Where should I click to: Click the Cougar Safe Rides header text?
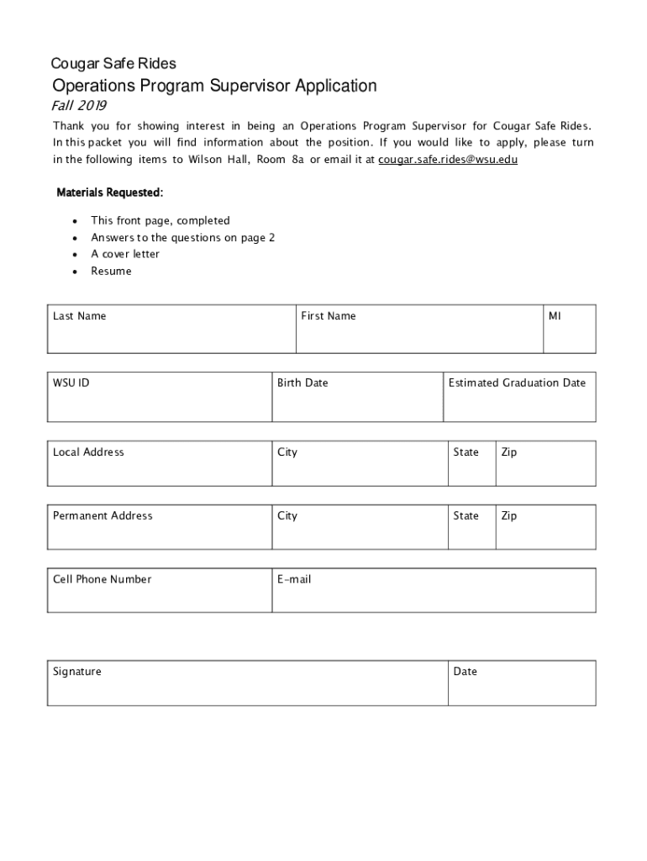[113, 63]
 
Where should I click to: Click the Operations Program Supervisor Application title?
[214, 86]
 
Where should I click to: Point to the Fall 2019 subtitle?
[79, 106]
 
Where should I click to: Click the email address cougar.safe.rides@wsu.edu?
[448, 159]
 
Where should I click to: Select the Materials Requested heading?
[109, 193]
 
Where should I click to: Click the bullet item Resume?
[111, 272]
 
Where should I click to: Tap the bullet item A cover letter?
[125, 254]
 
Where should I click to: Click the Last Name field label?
[79, 316]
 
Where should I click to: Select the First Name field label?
[329, 316]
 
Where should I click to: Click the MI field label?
[555, 316]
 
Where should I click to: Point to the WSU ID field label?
[71, 383]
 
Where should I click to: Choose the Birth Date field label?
[302, 383]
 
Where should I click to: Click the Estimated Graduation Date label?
[517, 383]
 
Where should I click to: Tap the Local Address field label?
[88, 452]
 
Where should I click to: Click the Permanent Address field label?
[103, 516]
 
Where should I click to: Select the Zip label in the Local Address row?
[509, 452]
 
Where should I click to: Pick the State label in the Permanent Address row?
[466, 516]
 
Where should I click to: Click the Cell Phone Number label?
[102, 579]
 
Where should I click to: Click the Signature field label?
[76, 672]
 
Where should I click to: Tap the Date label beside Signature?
[465, 672]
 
